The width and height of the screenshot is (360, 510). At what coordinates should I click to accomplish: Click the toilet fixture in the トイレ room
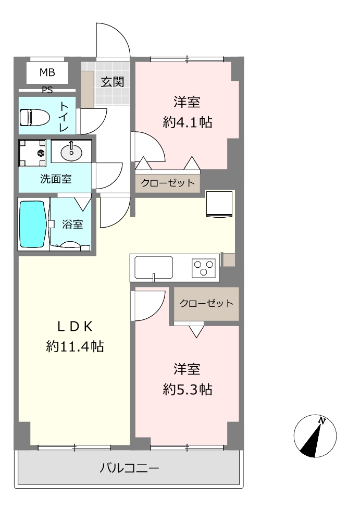point(34,117)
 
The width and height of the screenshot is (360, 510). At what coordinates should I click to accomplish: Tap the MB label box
point(47,72)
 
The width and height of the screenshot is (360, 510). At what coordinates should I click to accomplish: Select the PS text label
point(47,90)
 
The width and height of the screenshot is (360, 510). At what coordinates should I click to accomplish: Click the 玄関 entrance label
point(112,82)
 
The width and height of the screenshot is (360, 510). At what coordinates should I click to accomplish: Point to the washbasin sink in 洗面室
point(71,152)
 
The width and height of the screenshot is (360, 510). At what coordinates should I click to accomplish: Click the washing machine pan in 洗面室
point(32,153)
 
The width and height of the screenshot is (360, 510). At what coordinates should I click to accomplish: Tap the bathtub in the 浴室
point(32,224)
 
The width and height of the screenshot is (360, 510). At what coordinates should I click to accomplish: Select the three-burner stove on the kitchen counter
point(204,268)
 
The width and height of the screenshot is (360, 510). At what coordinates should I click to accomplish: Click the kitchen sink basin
point(154,267)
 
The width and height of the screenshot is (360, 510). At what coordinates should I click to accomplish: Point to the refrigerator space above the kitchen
point(219,204)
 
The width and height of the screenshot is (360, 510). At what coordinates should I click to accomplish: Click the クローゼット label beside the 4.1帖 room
point(167,183)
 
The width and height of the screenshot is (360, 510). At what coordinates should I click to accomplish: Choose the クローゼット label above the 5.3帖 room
point(206,304)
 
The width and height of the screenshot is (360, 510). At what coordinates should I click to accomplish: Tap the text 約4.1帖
point(188,122)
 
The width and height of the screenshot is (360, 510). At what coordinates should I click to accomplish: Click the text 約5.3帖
point(188,389)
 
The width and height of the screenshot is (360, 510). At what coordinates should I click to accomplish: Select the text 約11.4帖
point(75,346)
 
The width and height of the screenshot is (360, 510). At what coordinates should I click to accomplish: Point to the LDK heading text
point(75,327)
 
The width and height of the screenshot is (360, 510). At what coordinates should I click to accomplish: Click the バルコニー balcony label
point(129,468)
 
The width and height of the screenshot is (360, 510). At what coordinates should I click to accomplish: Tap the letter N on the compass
point(322,421)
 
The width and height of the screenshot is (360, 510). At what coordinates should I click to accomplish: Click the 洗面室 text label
point(56,179)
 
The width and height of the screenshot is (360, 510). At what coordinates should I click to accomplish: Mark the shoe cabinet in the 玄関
point(87,90)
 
